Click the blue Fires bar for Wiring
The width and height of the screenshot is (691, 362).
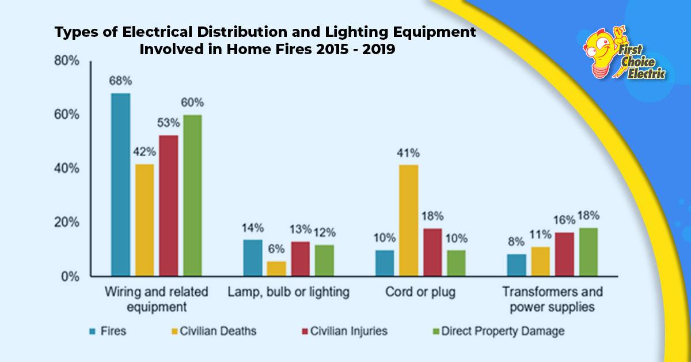click(120, 184)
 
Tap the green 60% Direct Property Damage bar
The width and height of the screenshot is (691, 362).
click(192, 195)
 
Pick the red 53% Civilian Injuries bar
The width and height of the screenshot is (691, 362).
click(169, 205)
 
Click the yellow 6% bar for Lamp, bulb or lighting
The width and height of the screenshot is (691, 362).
click(276, 269)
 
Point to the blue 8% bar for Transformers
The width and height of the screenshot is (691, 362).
click(517, 265)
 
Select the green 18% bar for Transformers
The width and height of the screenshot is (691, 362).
click(588, 252)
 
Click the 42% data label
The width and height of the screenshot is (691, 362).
click(145, 152)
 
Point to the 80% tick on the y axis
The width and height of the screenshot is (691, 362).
click(67, 61)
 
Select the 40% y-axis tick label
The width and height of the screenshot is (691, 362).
click(67, 169)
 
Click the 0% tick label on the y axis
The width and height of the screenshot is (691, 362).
click(70, 277)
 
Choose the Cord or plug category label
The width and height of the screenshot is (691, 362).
click(421, 292)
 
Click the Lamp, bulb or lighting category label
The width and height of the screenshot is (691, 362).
click(288, 292)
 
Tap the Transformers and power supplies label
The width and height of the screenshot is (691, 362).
click(552, 299)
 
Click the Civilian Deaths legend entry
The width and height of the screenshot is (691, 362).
click(212, 331)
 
